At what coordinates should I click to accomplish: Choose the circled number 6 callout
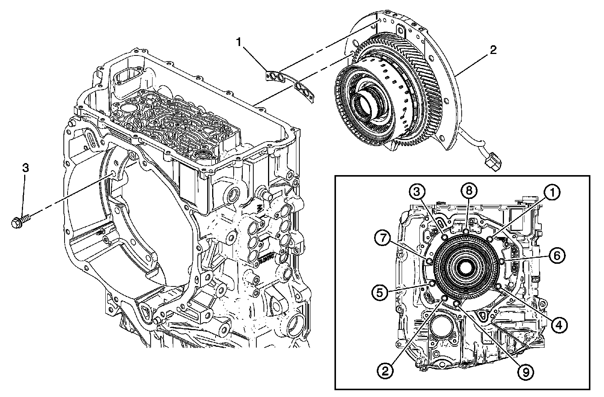557,255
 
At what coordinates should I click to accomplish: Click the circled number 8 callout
468,191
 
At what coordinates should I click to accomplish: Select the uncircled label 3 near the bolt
25,168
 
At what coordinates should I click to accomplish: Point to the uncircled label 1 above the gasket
239,42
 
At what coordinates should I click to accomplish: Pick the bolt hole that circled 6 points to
502,261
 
